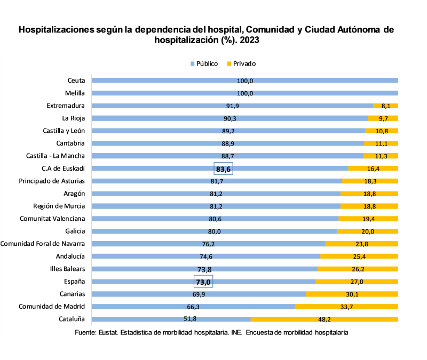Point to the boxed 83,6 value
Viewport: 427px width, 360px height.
(x=224, y=169)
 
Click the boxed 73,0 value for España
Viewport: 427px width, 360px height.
(x=203, y=282)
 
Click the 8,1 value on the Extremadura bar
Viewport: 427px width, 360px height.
(x=386, y=106)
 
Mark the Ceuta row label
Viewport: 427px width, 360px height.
(x=76, y=81)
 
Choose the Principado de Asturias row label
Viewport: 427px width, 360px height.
(x=52, y=181)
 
